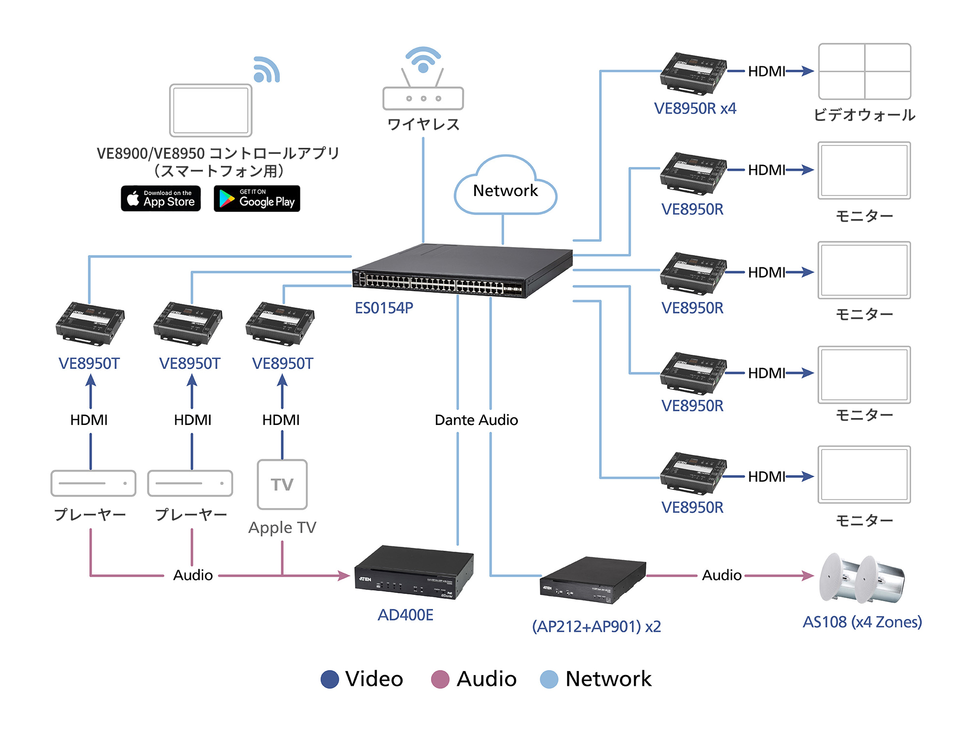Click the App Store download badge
pos(161,198)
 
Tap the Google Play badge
pos(257,198)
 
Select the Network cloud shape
pos(506,189)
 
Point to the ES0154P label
pos(384,308)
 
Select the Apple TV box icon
pos(282,484)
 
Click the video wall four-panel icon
pos(864,72)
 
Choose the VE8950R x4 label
pos(695,109)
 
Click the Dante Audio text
pos(476,420)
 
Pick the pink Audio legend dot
pos(440,679)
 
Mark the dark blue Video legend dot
pos(329,679)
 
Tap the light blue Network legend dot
pos(549,679)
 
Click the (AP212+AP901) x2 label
pos(596,626)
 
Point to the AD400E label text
pos(405,615)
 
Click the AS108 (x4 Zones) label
pos(862,622)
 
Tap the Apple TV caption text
pos(282,528)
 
